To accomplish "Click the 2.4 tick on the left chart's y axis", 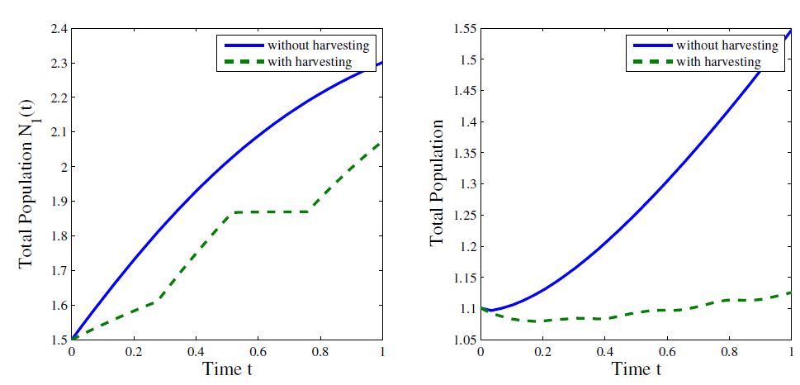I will click(58, 29).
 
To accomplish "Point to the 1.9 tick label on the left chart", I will click(58, 202).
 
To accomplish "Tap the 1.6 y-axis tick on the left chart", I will click(58, 305).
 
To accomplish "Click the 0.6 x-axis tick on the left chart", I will click(258, 350).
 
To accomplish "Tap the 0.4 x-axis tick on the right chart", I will click(604, 350).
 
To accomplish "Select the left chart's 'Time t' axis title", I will click(228, 368).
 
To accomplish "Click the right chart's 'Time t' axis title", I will click(636, 368).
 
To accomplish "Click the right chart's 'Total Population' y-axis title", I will click(437, 183).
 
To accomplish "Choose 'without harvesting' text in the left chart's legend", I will click(318, 44).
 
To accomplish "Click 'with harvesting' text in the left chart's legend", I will click(310, 61).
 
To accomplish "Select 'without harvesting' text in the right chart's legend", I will click(727, 45).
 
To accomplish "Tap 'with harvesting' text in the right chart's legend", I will click(718, 61).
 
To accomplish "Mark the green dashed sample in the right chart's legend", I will click(650, 61).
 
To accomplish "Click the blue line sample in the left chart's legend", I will click(240, 44).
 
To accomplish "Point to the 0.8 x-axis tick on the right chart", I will click(728, 350).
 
